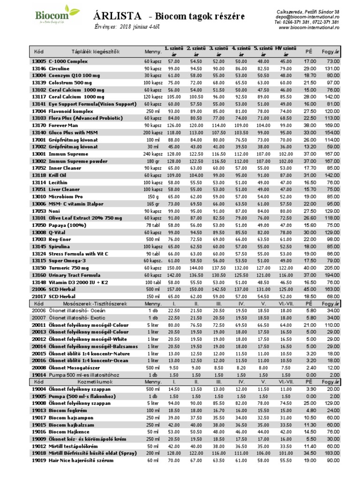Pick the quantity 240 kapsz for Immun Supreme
coord(153,154)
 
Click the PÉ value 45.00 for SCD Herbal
coord(310,290)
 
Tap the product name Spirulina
coord(59,247)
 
